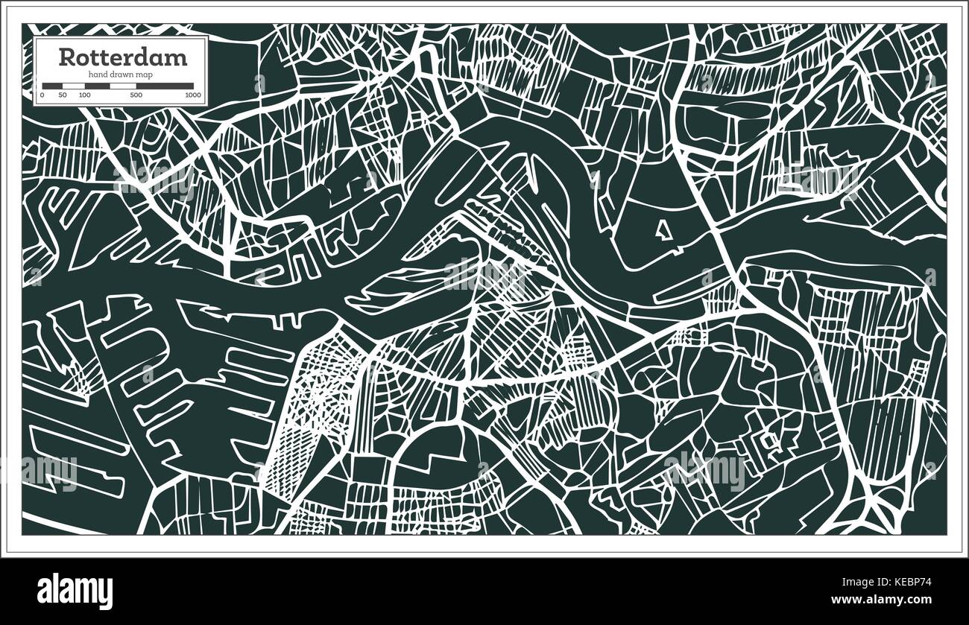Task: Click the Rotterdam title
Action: coord(123,57)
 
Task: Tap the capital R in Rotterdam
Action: coord(66,57)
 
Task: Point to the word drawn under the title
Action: coord(121,74)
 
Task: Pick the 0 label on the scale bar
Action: coord(42,95)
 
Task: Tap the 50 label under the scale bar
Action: coord(63,95)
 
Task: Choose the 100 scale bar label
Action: coord(84,95)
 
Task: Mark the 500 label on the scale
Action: coord(136,95)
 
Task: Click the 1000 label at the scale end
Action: coord(193,95)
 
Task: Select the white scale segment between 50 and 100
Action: coord(73,86)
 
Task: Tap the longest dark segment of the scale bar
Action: coord(164,86)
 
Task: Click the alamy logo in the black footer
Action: coord(75,588)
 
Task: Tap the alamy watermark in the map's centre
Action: coord(484,275)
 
